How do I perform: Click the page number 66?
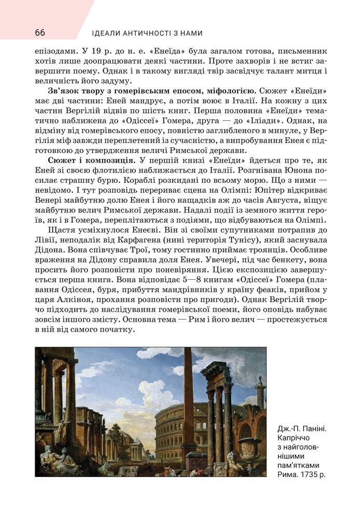pyautogui.click(x=40, y=33)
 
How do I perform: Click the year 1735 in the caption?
pyautogui.click(x=309, y=475)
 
